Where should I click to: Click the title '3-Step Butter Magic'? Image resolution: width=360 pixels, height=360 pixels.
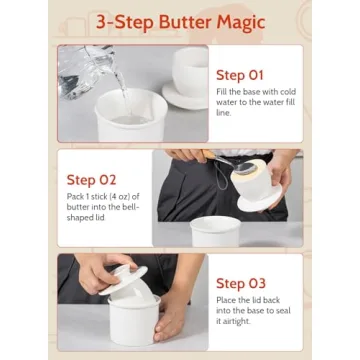(x=180, y=22)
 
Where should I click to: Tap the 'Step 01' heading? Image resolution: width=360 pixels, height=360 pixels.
(x=241, y=74)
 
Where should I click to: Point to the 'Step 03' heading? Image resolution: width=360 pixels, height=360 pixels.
(x=241, y=283)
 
